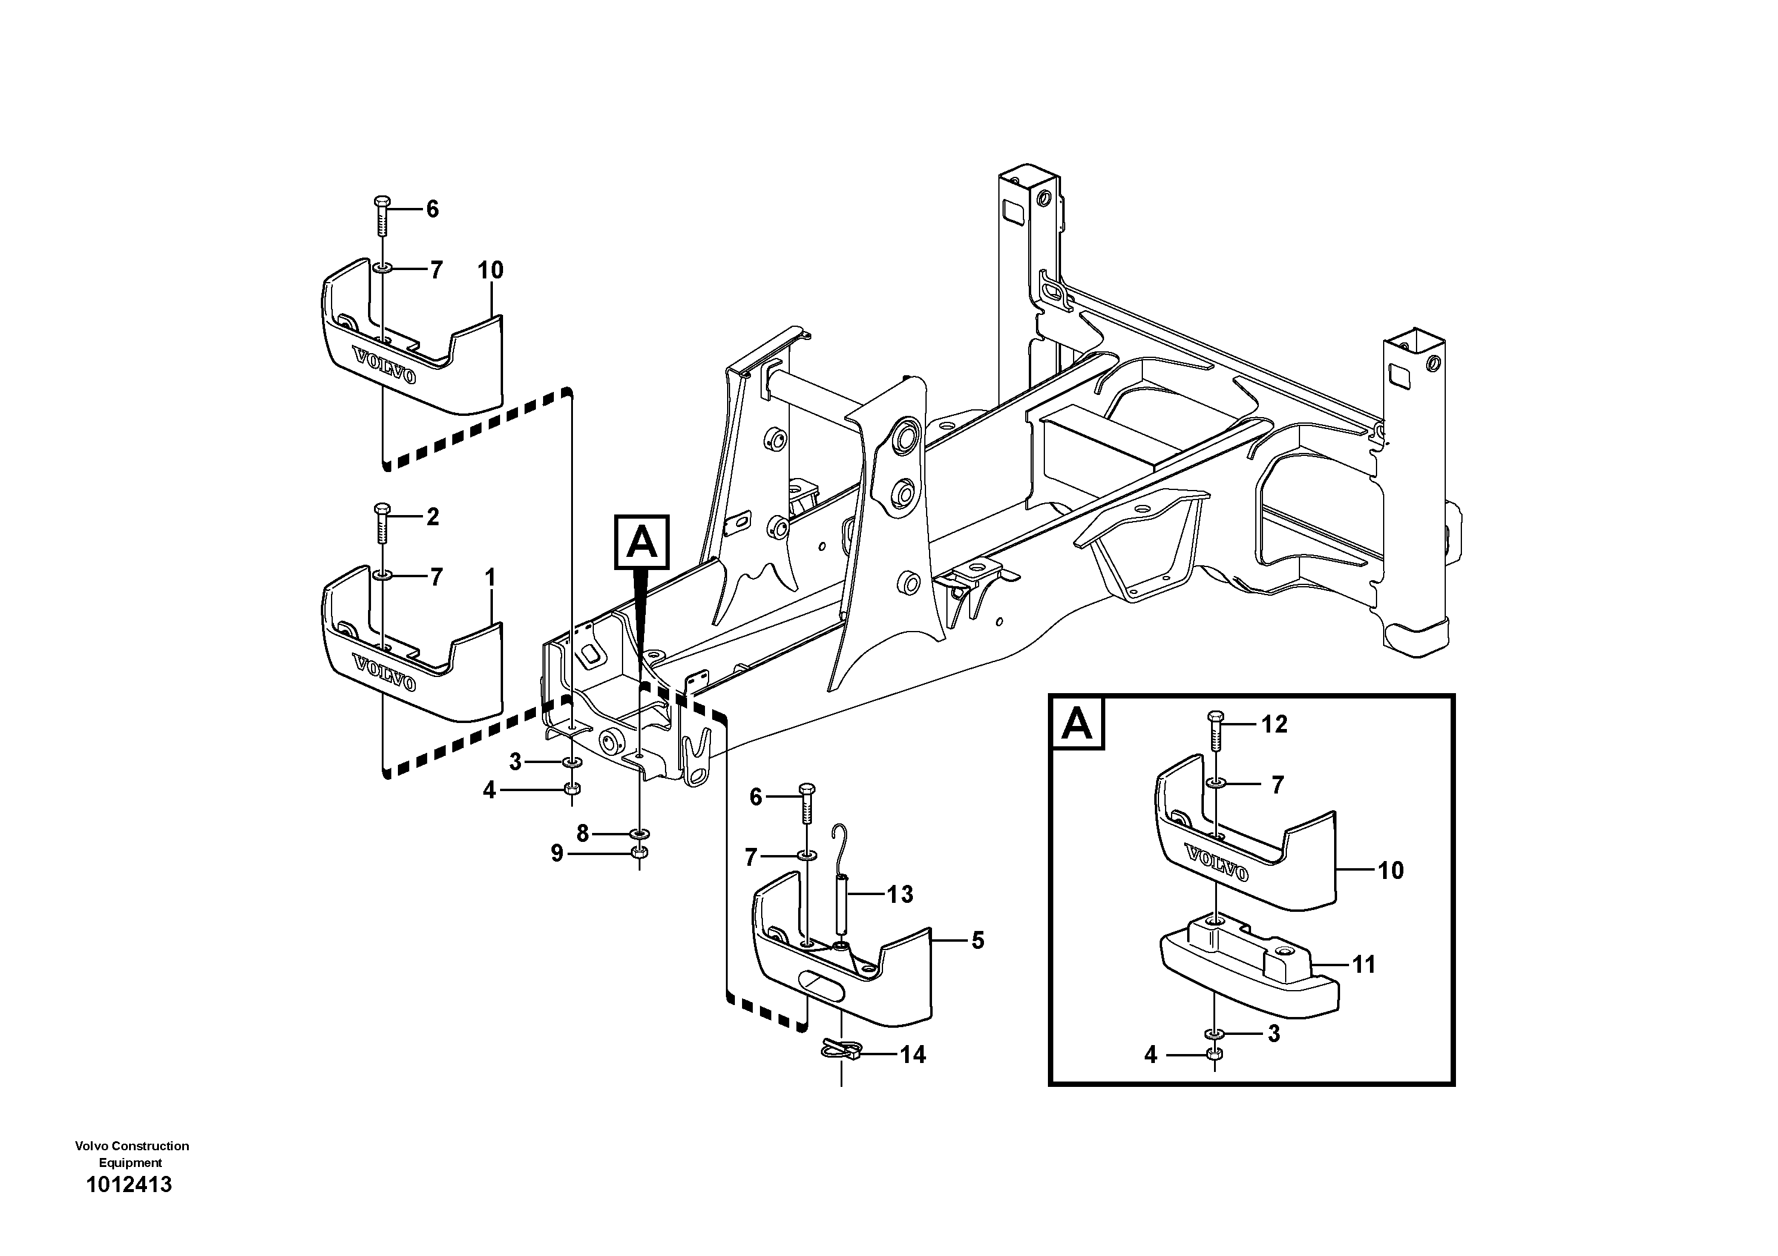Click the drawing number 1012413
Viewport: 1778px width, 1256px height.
[x=129, y=1185]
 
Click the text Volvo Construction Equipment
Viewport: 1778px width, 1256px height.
[x=131, y=1154]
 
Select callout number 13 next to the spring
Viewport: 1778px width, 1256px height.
[x=900, y=894]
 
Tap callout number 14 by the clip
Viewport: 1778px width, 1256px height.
[x=913, y=1055]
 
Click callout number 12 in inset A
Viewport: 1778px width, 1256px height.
[x=1274, y=724]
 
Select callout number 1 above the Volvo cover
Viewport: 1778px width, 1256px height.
[x=490, y=578]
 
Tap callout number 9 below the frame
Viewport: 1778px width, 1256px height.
[x=557, y=854]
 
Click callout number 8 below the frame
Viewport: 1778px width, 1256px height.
[x=583, y=833]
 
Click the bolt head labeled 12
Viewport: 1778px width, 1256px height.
[x=1214, y=716]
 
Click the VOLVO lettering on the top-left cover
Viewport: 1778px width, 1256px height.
[x=384, y=366]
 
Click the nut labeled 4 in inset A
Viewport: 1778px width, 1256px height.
[x=1214, y=1054]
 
